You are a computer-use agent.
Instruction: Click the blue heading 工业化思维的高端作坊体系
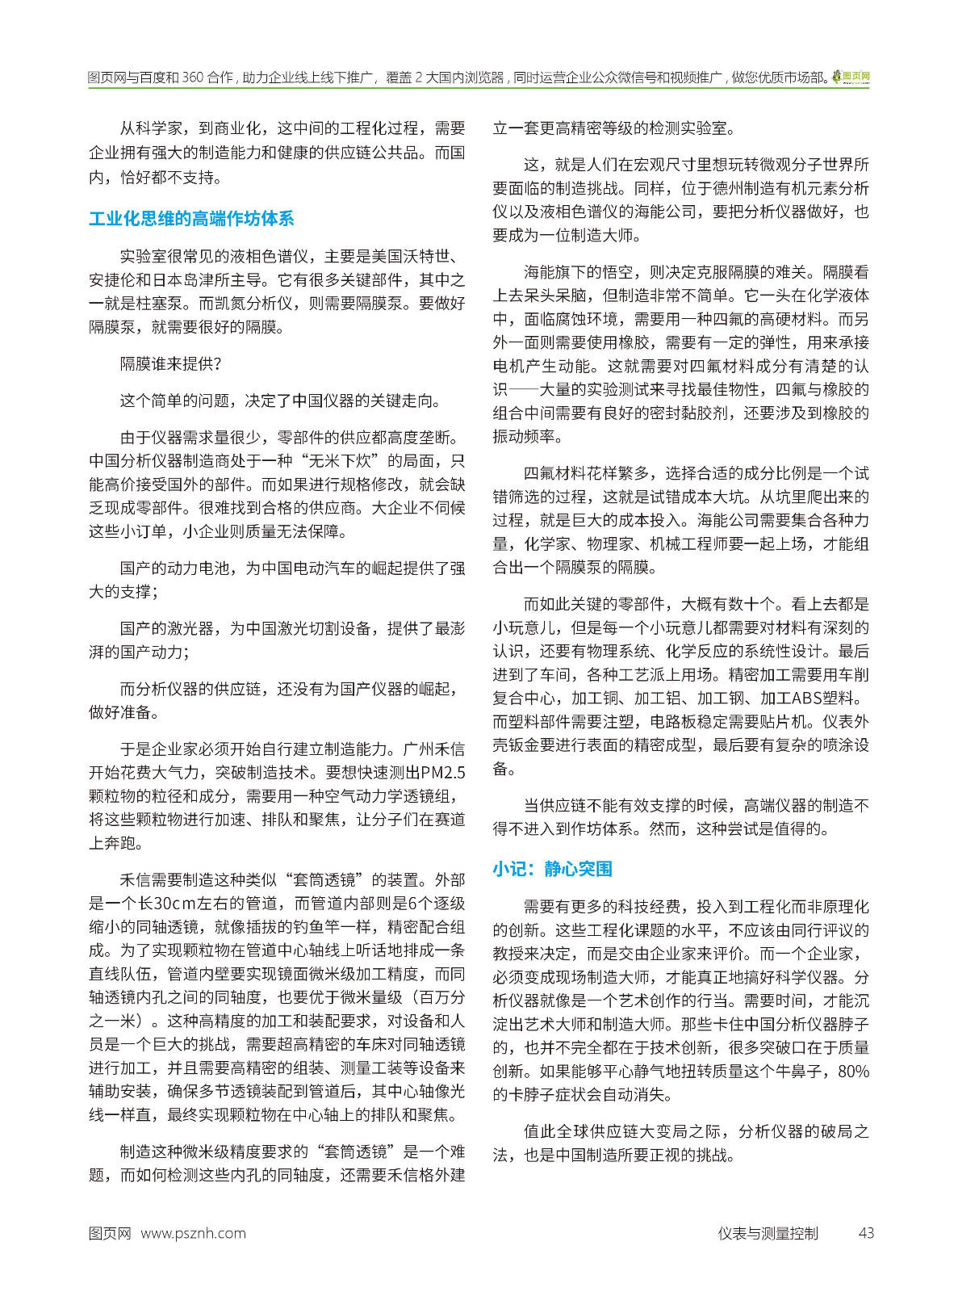point(191,219)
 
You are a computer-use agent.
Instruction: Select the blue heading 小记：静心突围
point(552,869)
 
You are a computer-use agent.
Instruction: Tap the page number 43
point(866,1233)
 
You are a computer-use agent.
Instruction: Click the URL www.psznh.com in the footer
point(193,1233)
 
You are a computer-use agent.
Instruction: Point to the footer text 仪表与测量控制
point(768,1233)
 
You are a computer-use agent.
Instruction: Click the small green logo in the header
point(851,77)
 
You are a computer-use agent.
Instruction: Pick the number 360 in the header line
point(192,78)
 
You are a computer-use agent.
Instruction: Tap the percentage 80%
point(854,1072)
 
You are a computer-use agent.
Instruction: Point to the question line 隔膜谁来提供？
point(170,364)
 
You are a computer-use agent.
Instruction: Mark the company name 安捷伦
point(112,280)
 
